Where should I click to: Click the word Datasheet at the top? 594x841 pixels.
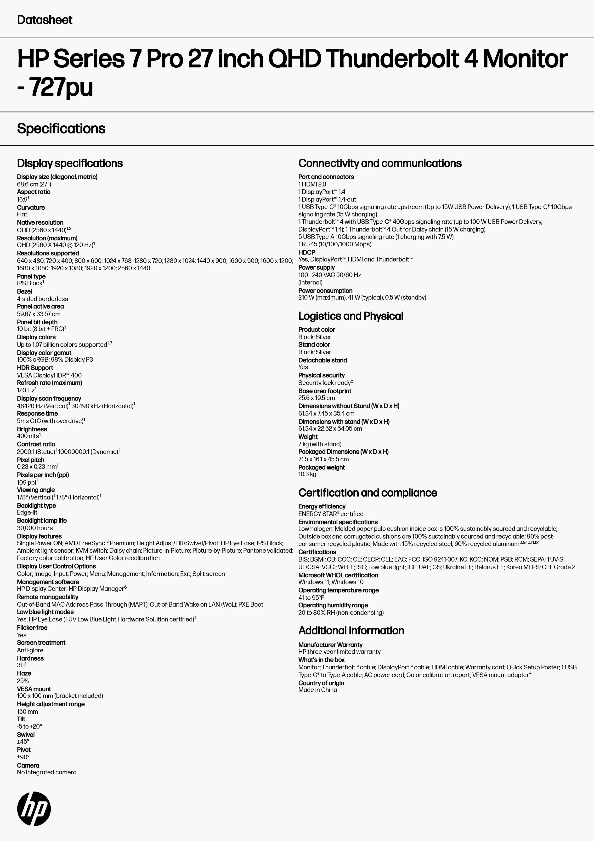[x=45, y=20]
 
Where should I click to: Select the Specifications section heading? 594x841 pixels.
[x=61, y=128]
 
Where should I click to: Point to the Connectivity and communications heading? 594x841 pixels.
[x=380, y=163]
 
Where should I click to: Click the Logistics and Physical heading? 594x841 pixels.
[x=351, y=316]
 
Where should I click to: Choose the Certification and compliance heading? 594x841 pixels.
[x=368, y=493]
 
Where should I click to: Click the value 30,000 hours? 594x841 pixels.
[x=35, y=528]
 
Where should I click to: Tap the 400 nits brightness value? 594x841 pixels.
[x=28, y=436]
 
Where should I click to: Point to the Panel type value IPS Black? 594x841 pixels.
[x=30, y=283]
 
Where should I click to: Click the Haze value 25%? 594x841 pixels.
[x=23, y=681]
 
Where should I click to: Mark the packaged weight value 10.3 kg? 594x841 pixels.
[x=307, y=474]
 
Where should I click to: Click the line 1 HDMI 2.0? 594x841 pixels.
[x=312, y=184]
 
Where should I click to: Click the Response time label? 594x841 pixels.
[x=37, y=413]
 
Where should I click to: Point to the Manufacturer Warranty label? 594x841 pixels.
[x=330, y=645]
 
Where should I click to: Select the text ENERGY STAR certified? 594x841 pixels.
[x=330, y=514]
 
